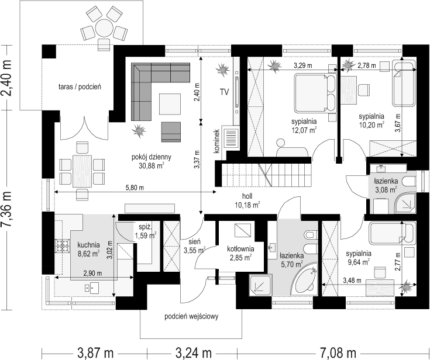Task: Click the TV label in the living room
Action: click(224, 92)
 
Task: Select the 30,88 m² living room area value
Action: click(152, 165)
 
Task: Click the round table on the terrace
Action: click(104, 27)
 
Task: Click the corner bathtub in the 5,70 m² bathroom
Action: click(305, 279)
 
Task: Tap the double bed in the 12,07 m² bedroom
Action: click(315, 93)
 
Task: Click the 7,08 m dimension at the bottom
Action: click(338, 353)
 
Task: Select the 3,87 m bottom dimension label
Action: click(95, 353)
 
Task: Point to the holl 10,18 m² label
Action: click(247, 200)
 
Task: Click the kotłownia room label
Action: click(240, 249)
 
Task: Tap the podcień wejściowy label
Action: click(191, 317)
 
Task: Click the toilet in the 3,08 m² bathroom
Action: click(410, 182)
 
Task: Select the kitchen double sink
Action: click(92, 288)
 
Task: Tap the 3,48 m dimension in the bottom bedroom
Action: click(352, 281)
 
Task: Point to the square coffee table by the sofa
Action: click(170, 104)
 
